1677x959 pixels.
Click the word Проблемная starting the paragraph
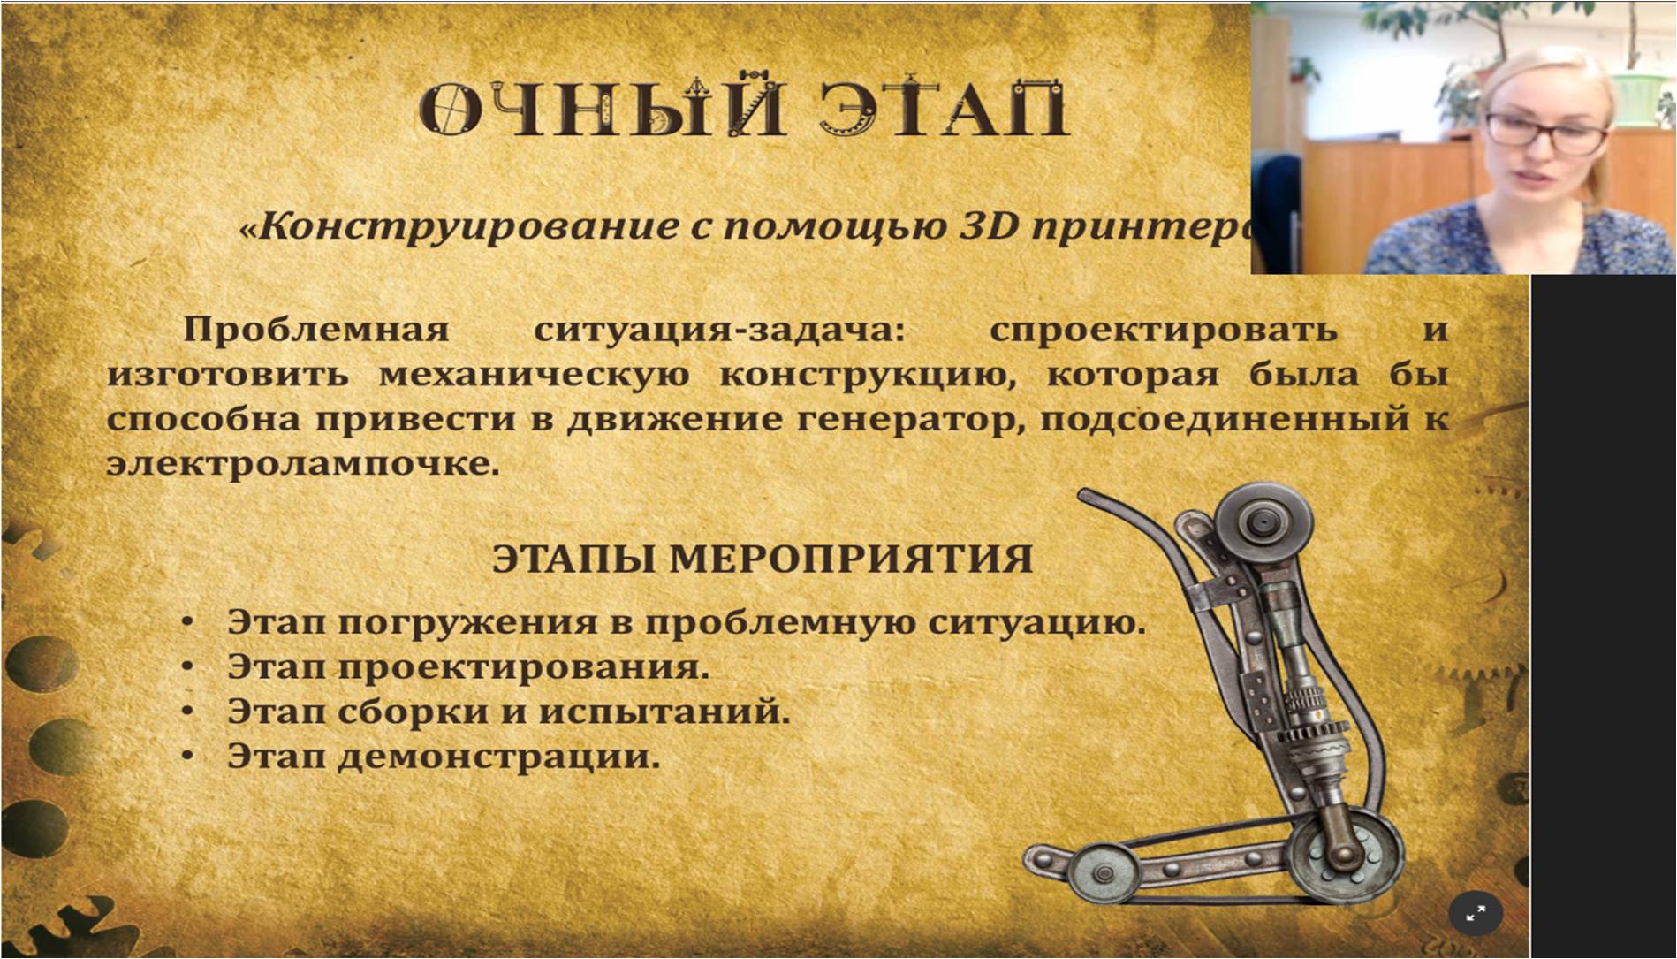click(x=315, y=330)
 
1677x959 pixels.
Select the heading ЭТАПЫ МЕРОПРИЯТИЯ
click(x=762, y=559)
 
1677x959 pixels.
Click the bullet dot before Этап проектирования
click(x=186, y=667)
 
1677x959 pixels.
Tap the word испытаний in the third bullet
click(x=664, y=712)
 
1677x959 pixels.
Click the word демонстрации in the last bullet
click(x=498, y=757)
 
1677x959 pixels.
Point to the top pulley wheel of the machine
click(x=1262, y=522)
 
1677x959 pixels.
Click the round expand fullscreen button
click(x=1475, y=915)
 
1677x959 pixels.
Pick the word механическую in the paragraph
click(x=534, y=375)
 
